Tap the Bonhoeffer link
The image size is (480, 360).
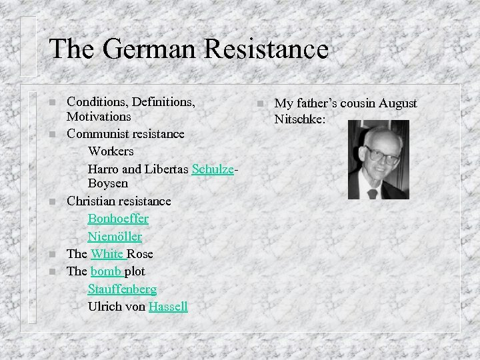click(118, 219)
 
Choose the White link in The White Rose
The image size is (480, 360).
click(107, 254)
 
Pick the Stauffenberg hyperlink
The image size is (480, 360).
click(122, 289)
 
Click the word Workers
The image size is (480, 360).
click(111, 151)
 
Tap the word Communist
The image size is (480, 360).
click(96, 134)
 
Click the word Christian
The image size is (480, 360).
click(91, 201)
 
